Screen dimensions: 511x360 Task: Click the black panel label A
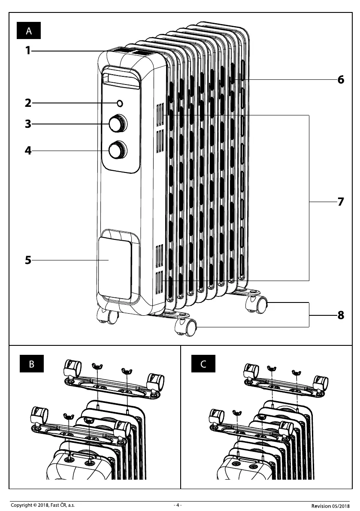tap(29, 31)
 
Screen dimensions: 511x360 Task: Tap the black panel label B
tap(32, 365)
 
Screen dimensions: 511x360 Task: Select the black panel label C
tap(203, 365)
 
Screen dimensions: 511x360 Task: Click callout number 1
tap(28, 51)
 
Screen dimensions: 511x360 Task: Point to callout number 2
tap(28, 103)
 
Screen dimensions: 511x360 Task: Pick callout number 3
tap(28, 124)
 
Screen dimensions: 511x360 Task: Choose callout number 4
tap(28, 151)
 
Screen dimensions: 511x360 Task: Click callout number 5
tap(28, 260)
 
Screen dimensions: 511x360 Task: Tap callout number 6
tap(341, 80)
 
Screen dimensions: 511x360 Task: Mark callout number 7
tap(341, 202)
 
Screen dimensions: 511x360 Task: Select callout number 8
tap(341, 315)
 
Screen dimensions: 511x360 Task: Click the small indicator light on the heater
tap(120, 103)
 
